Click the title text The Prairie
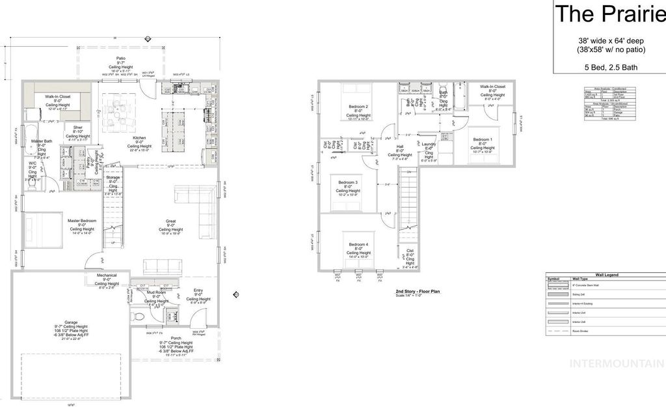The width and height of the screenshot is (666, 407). coord(609,13)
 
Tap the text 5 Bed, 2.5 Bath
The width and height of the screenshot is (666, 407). coord(609,66)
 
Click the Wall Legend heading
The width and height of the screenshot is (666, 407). coord(604,276)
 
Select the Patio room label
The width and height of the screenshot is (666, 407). coord(121,59)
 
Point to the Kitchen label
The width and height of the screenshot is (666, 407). coord(140,138)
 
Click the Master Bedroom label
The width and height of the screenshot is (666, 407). coord(82,221)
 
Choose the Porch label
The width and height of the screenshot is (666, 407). coord(176,338)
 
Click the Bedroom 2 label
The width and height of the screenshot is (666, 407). coord(358,106)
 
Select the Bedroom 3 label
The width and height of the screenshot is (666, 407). coord(349,182)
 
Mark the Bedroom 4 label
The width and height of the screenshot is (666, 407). coord(358,244)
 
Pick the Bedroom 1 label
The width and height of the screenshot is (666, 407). coord(483,139)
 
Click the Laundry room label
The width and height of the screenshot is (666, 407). coord(429,144)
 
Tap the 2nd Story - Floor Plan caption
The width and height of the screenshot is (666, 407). coord(418,292)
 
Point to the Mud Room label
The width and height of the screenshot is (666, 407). coord(157,293)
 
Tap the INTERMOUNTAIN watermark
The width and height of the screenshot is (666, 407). coord(617,363)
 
